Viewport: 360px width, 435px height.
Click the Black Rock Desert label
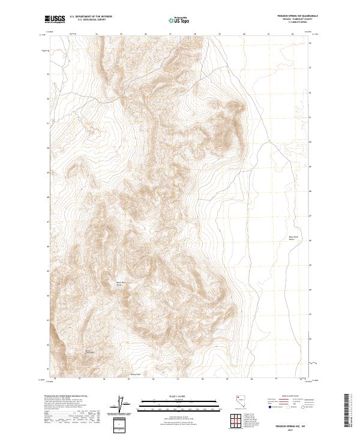click(x=293, y=238)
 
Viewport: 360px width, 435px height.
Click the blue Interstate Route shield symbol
click(x=270, y=407)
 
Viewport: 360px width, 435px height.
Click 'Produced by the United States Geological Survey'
click(x=68, y=397)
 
